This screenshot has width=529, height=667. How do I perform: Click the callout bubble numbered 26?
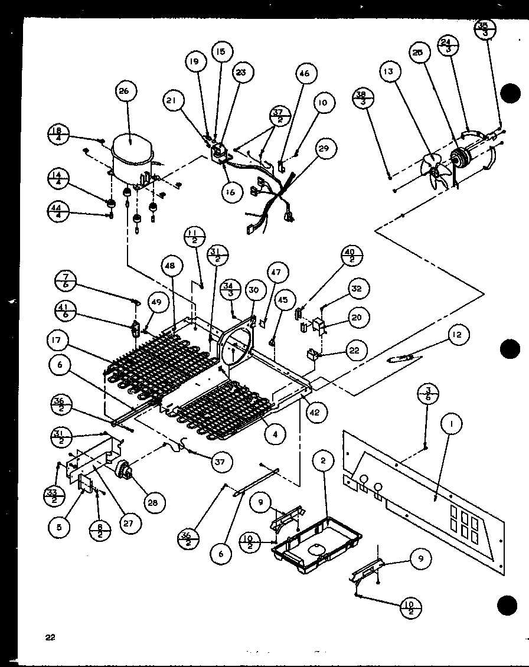tap(125, 91)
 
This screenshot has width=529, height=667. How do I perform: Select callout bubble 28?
tap(152, 502)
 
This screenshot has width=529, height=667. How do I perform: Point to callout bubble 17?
tap(59, 342)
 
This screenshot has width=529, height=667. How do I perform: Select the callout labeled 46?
tap(303, 74)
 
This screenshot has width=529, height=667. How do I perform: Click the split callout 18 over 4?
tap(58, 134)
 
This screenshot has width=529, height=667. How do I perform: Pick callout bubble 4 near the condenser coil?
tap(275, 435)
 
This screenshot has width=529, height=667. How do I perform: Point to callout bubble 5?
tap(59, 527)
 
